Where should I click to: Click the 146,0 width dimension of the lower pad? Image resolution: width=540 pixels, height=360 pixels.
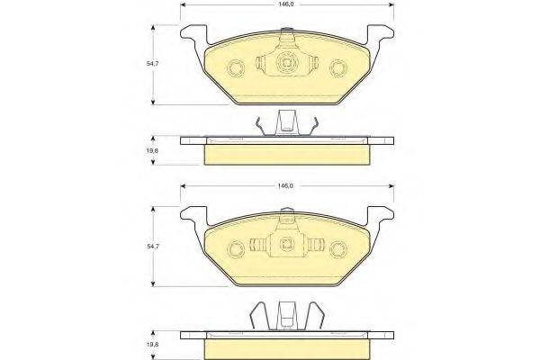[286, 186]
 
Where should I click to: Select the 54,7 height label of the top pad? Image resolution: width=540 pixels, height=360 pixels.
[152, 64]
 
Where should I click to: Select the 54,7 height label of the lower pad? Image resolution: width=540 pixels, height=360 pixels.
[152, 247]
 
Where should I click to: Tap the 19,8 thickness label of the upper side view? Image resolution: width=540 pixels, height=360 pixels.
[152, 150]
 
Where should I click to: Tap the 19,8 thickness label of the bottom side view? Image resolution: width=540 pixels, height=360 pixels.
[152, 344]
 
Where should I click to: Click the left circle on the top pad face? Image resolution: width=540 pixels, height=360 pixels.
[236, 67]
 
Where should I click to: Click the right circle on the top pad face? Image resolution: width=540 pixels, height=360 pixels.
[338, 67]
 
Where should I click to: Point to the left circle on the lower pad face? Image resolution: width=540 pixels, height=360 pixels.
[236, 248]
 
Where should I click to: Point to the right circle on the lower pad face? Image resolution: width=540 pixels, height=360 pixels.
[338, 249]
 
